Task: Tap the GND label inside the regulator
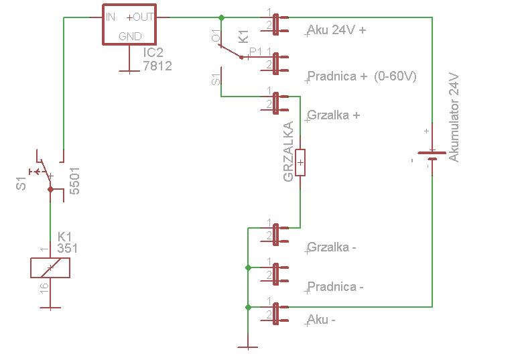[x=130, y=36]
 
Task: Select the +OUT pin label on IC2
[x=140, y=17]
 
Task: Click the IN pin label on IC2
[x=111, y=17]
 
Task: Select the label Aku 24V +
[x=336, y=30]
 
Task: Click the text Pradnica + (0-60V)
[x=362, y=76]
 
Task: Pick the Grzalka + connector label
[x=334, y=115]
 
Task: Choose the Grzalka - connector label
[x=332, y=247]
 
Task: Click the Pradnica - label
[x=335, y=287]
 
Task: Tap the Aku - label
[x=321, y=320]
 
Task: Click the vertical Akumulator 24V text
[x=454, y=118]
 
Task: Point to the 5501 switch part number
[x=75, y=180]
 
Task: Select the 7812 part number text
[x=157, y=66]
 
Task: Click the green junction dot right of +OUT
[x=222, y=17]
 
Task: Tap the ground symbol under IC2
[x=129, y=70]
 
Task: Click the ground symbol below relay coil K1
[x=50, y=308]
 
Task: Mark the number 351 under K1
[x=67, y=248]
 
